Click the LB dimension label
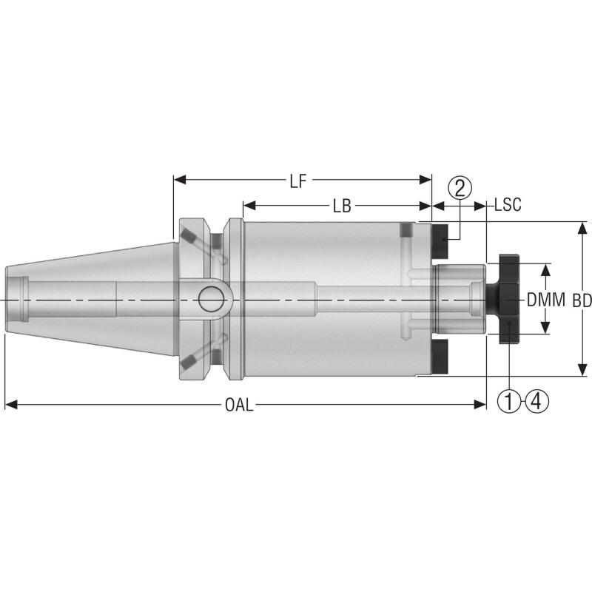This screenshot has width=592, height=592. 341,206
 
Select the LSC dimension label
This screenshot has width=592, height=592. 508,205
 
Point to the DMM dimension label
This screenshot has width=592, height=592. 545,300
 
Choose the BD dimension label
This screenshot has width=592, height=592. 582,300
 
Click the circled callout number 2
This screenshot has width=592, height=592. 460,187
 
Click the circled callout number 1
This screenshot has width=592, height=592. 510,402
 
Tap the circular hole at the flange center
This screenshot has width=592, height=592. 210,300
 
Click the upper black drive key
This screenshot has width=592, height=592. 440,236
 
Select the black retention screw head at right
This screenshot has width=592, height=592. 508,300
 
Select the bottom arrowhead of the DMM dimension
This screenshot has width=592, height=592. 545,329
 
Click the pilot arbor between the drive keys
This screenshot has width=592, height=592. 459,300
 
